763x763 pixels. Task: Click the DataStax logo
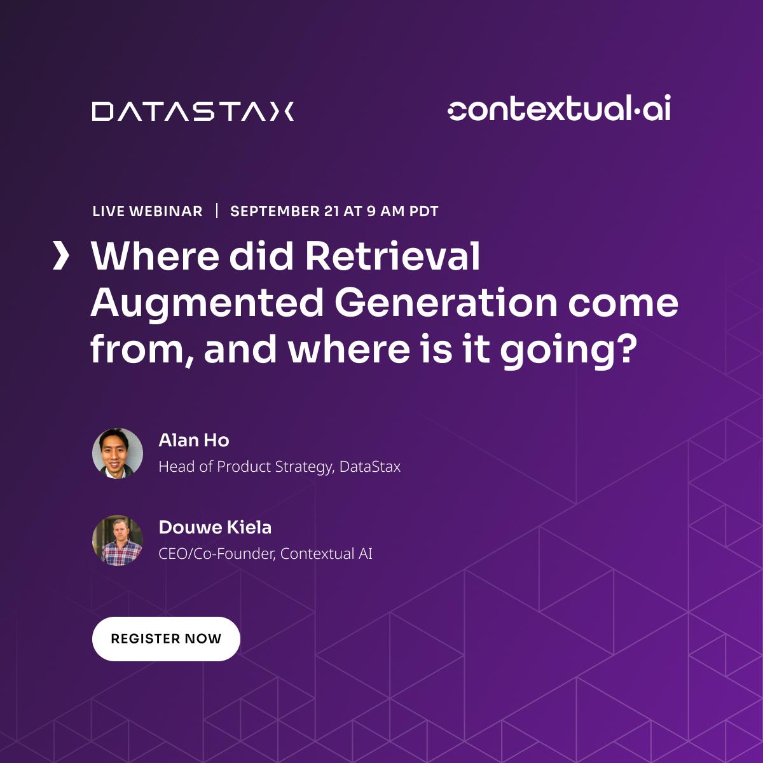click(193, 111)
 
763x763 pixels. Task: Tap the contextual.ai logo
click(559, 109)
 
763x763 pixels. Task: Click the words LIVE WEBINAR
click(148, 212)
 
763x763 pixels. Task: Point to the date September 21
click(285, 212)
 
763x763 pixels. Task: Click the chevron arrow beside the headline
click(60, 256)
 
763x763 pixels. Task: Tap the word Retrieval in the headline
click(392, 256)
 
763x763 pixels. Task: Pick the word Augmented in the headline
click(207, 303)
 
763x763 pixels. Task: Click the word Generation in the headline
click(445, 303)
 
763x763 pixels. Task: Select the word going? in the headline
click(568, 350)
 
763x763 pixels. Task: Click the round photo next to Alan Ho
click(118, 453)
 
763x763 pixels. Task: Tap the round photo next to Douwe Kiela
click(118, 540)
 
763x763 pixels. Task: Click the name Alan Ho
click(194, 441)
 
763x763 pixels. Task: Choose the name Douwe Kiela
click(215, 528)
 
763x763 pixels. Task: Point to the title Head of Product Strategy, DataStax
click(279, 467)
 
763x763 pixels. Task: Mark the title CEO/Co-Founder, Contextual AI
click(265, 554)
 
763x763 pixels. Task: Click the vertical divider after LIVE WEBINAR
click(217, 210)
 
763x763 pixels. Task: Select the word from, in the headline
click(142, 350)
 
